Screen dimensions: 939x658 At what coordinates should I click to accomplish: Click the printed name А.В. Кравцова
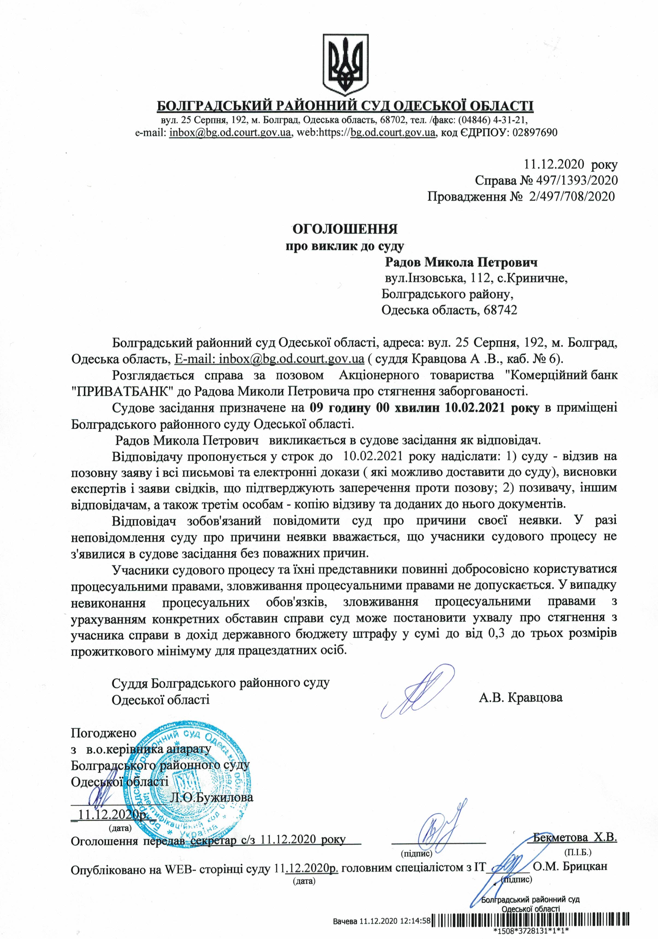(520, 697)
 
